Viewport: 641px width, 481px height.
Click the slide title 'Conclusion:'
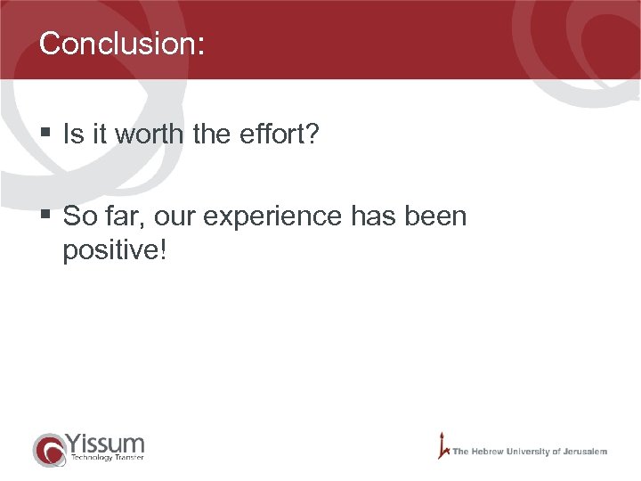pos(122,44)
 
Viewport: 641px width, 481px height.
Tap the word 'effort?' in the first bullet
pos(285,135)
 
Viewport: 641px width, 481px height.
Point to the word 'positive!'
pos(114,250)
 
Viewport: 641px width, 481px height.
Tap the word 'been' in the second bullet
pos(435,216)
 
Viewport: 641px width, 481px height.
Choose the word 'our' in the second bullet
pos(180,216)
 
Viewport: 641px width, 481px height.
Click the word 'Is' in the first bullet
pos(72,135)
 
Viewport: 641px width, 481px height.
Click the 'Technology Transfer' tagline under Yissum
pos(105,458)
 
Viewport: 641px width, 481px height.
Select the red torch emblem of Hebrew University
pos(442,444)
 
